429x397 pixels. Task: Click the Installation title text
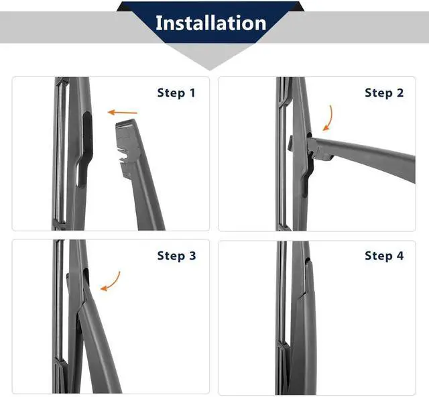(210, 23)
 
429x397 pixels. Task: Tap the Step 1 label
(176, 93)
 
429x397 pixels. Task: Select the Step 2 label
(384, 93)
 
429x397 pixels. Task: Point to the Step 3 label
(176, 256)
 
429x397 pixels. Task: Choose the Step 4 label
(384, 256)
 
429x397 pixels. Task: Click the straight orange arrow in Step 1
(122, 112)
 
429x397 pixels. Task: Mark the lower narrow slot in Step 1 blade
(81, 174)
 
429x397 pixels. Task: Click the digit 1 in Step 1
(192, 93)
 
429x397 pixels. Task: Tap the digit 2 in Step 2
(400, 93)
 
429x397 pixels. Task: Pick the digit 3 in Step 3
(192, 256)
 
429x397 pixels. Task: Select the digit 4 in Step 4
(400, 256)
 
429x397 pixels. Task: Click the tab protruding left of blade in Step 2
(290, 142)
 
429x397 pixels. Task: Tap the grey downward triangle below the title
(210, 56)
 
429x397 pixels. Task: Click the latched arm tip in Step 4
(308, 276)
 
